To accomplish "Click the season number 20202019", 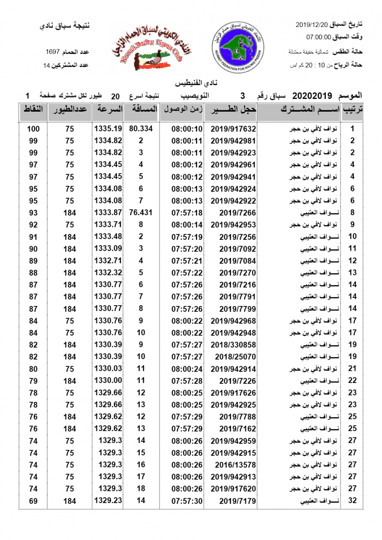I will click(312, 96).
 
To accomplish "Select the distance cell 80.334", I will click(141, 128).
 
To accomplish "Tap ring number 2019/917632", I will click(233, 129).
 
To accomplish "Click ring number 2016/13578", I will click(233, 464).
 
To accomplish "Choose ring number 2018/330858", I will click(233, 345).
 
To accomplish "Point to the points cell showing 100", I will click(33, 129).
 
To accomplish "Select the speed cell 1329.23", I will click(108, 500).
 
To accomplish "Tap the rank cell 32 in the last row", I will click(353, 500).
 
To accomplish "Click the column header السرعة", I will click(108, 109).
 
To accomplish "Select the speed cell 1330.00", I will click(108, 380).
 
